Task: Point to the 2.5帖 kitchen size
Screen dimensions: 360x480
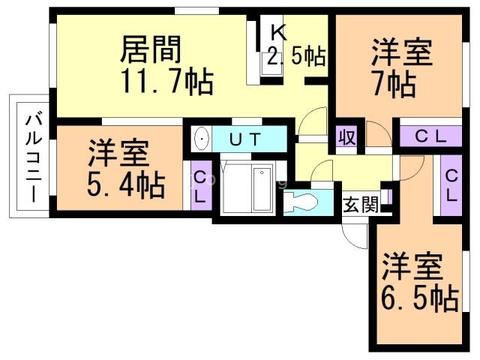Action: [295, 55]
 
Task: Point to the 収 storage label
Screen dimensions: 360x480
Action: [346, 138]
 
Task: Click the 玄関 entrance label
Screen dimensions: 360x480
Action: [361, 204]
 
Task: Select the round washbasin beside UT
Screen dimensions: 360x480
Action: [201, 139]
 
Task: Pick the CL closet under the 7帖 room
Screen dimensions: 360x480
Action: [430, 137]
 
